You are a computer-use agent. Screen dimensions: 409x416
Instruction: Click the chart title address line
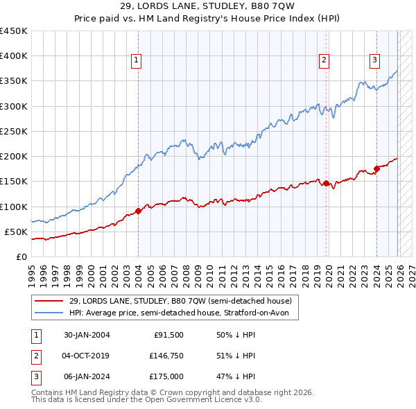(x=208, y=8)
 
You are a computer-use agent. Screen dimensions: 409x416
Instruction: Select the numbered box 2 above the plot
(x=324, y=61)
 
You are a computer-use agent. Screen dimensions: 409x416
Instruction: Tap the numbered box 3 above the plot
(x=374, y=61)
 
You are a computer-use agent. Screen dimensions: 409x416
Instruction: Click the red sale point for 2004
(x=138, y=211)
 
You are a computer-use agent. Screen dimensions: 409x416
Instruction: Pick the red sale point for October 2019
(x=327, y=183)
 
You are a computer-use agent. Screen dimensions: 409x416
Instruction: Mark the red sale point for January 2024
(x=376, y=168)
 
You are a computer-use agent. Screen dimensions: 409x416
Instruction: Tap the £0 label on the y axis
(x=21, y=256)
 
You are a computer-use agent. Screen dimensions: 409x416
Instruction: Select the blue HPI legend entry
(x=183, y=313)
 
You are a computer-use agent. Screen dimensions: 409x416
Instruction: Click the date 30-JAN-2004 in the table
(x=87, y=335)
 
